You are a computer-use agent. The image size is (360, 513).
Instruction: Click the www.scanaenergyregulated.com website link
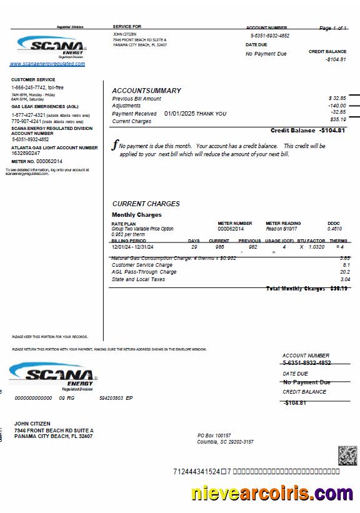click(x=47, y=64)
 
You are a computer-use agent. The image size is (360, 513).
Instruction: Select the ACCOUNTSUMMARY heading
click(x=146, y=91)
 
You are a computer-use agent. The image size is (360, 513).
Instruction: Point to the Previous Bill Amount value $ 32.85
click(x=337, y=99)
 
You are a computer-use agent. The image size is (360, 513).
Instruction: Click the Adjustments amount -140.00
click(x=337, y=106)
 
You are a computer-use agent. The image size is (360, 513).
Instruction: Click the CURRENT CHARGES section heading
click(x=146, y=204)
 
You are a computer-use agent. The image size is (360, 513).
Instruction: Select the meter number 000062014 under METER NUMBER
click(x=231, y=229)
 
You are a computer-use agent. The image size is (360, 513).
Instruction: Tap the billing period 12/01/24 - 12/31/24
click(x=132, y=247)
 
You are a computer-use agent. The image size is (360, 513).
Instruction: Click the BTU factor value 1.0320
click(x=316, y=247)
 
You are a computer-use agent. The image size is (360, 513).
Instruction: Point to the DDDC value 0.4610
click(x=334, y=229)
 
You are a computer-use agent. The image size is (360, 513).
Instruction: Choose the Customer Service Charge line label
click(x=142, y=265)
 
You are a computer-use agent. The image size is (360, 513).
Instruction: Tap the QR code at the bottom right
click(x=347, y=456)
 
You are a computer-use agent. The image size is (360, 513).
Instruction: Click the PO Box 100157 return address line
click(x=214, y=436)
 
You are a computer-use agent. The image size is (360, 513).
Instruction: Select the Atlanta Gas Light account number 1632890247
click(x=26, y=153)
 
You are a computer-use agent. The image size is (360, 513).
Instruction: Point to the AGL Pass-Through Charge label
click(x=144, y=272)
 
